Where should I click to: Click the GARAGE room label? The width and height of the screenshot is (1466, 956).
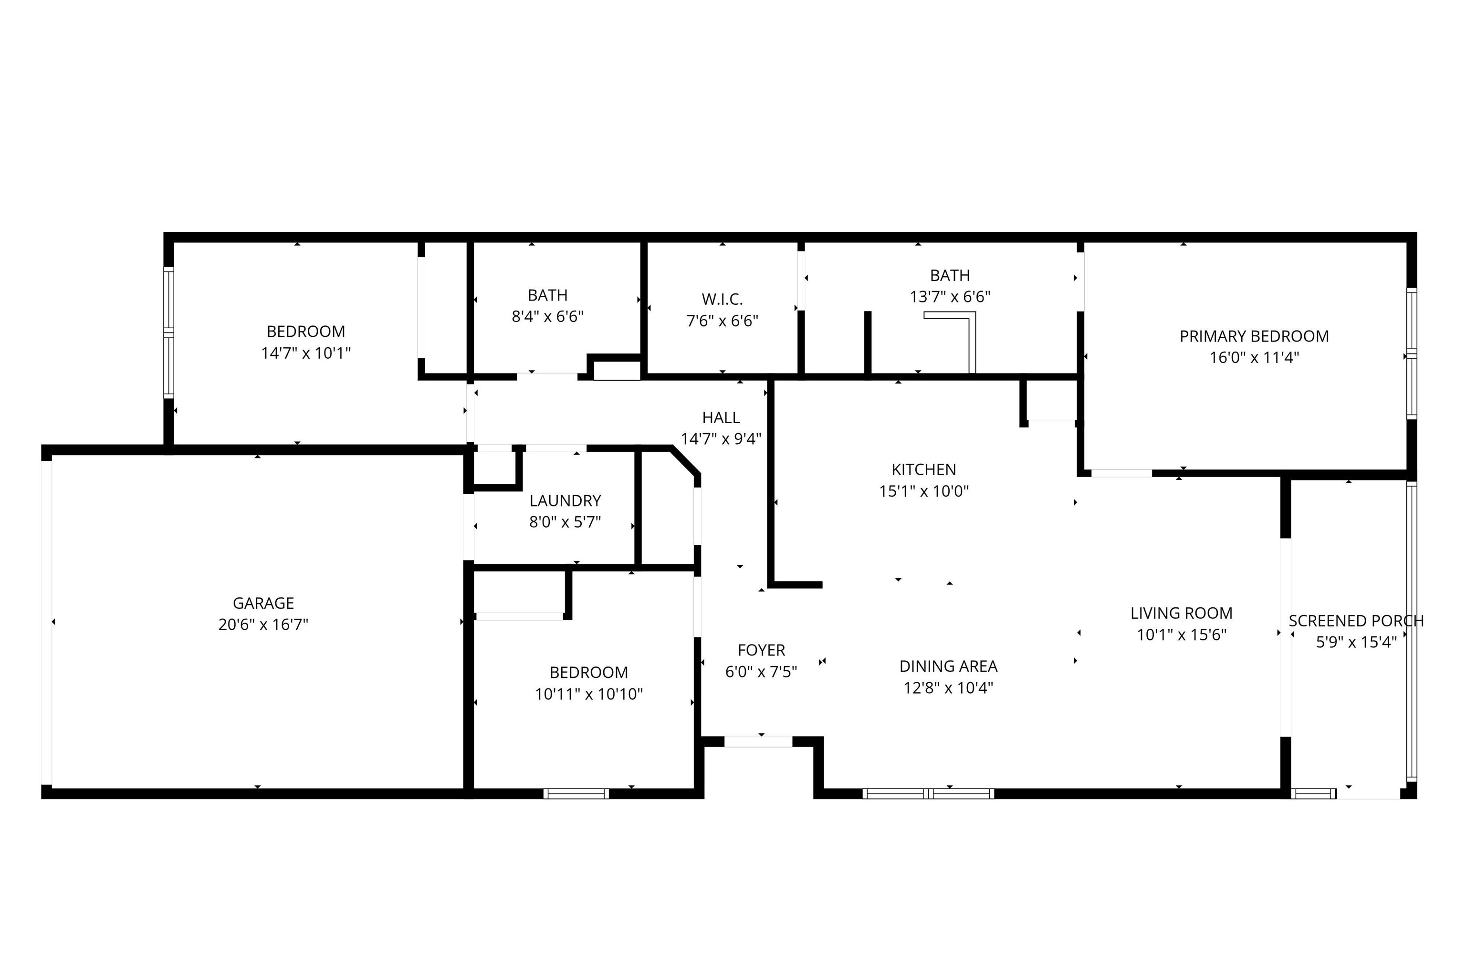click(263, 603)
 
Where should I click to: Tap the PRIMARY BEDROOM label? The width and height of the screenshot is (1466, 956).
click(1254, 336)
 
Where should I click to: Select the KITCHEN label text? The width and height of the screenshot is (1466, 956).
click(923, 470)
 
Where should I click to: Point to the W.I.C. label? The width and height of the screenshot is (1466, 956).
click(722, 300)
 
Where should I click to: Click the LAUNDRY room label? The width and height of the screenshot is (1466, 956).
click(565, 500)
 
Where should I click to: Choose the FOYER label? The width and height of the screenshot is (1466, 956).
click(761, 650)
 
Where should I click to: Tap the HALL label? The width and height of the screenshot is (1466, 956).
click(721, 417)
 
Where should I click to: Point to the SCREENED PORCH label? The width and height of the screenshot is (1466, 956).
click(1356, 621)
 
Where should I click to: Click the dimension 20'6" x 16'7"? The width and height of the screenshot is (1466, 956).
click(263, 625)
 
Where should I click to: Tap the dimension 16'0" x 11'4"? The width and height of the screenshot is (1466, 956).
click(1254, 358)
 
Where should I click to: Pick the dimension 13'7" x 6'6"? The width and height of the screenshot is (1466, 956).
click(950, 297)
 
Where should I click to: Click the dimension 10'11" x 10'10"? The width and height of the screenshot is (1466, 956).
click(589, 695)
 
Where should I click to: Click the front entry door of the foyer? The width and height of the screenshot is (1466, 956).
click(758, 742)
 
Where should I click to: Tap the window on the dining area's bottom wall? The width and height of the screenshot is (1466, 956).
click(928, 793)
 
